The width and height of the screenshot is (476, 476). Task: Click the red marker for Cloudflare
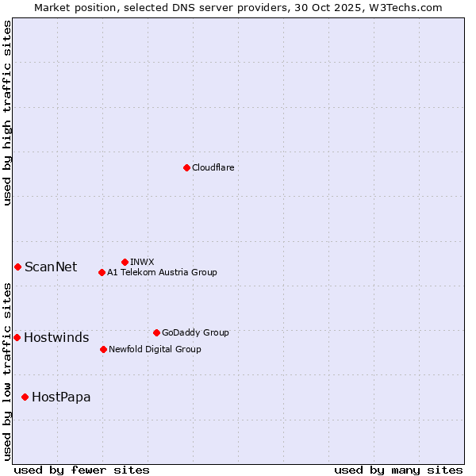point(186,167)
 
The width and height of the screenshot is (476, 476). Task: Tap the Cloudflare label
point(213,167)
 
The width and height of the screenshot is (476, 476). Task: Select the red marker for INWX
point(125,262)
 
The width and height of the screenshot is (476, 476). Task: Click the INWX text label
point(142,262)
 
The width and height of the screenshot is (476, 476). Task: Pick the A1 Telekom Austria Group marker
point(102,272)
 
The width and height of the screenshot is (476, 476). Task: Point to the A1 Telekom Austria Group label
point(162,272)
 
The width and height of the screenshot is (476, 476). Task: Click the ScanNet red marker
point(17,267)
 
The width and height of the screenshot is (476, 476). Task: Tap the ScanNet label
point(51,267)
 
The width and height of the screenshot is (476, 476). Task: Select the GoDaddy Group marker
point(156,332)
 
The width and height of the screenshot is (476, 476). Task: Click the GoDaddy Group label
point(195,332)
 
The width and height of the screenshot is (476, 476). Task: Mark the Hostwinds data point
point(17,337)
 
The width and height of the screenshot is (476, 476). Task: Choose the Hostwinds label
point(56,337)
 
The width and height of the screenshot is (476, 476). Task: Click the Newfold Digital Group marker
point(103,349)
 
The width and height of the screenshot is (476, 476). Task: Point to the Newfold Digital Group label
point(155,349)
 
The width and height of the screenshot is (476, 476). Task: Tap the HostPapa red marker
point(25,397)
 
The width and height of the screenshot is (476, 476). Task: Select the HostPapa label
point(61,397)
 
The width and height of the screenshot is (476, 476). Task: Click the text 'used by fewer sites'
point(82,470)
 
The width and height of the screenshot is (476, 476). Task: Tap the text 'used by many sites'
point(398,470)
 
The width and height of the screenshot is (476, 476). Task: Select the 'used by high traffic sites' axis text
point(7,113)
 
